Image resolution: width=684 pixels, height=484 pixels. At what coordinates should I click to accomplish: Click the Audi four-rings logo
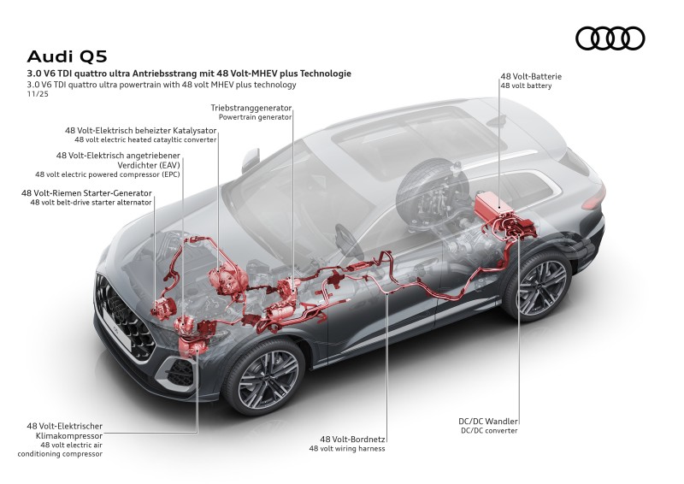pyautogui.click(x=610, y=38)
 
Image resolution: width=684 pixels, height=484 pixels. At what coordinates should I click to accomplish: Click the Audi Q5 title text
pyautogui.click(x=61, y=56)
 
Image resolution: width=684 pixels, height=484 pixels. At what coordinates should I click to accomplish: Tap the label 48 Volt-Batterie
pyautogui.click(x=531, y=76)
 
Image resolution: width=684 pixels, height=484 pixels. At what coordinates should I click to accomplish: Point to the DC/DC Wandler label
pyautogui.click(x=489, y=422)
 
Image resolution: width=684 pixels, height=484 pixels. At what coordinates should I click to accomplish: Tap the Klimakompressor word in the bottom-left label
pyautogui.click(x=66, y=435)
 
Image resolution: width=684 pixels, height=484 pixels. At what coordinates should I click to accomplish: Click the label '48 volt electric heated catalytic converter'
pyautogui.click(x=145, y=139)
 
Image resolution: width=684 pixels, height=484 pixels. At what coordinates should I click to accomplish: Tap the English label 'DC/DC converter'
pyautogui.click(x=490, y=431)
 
